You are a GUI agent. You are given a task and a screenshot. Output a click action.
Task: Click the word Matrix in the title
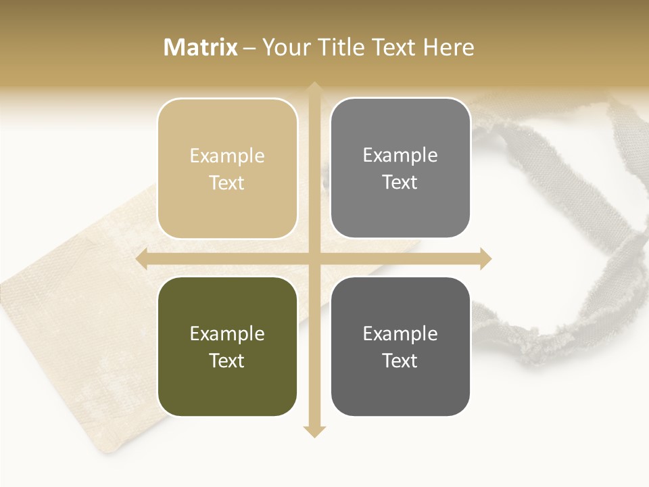point(201,47)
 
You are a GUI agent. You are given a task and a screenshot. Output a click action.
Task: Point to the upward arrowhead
point(314,87)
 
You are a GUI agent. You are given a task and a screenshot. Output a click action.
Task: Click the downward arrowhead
point(314,432)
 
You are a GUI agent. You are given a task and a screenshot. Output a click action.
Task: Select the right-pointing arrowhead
point(485,258)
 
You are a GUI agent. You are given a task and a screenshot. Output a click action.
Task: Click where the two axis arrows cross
point(314,258)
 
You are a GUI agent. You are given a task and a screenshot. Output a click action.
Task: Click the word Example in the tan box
point(227,156)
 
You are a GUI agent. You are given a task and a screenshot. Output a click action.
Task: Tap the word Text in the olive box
point(227,361)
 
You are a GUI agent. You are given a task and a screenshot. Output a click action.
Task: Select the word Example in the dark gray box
point(400,333)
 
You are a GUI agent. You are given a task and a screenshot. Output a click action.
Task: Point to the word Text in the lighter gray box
point(400,183)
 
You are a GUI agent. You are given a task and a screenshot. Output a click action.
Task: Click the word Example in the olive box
point(227,333)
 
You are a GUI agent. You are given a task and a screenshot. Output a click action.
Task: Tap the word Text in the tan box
point(227,183)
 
